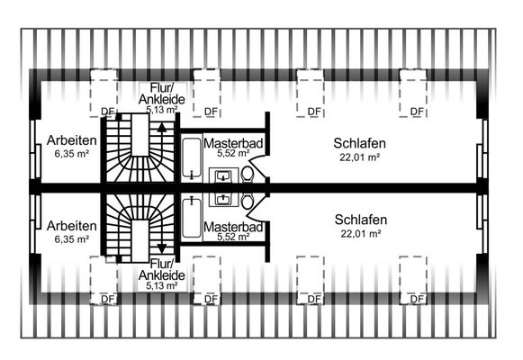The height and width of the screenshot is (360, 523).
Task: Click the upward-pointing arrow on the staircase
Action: point(162,129)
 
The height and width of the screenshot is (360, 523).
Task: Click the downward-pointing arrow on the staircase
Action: point(162,248)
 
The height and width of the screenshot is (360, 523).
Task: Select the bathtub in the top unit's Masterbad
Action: point(192,157)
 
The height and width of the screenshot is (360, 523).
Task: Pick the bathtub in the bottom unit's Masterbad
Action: point(192,218)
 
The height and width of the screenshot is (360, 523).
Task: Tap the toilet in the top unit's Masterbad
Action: point(248,175)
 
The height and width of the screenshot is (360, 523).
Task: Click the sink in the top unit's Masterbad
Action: point(223,175)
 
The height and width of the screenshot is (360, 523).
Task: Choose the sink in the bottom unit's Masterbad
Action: point(223,200)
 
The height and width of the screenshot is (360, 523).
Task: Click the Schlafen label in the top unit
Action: point(359,143)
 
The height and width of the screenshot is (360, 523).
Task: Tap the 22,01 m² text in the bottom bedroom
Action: point(361,234)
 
